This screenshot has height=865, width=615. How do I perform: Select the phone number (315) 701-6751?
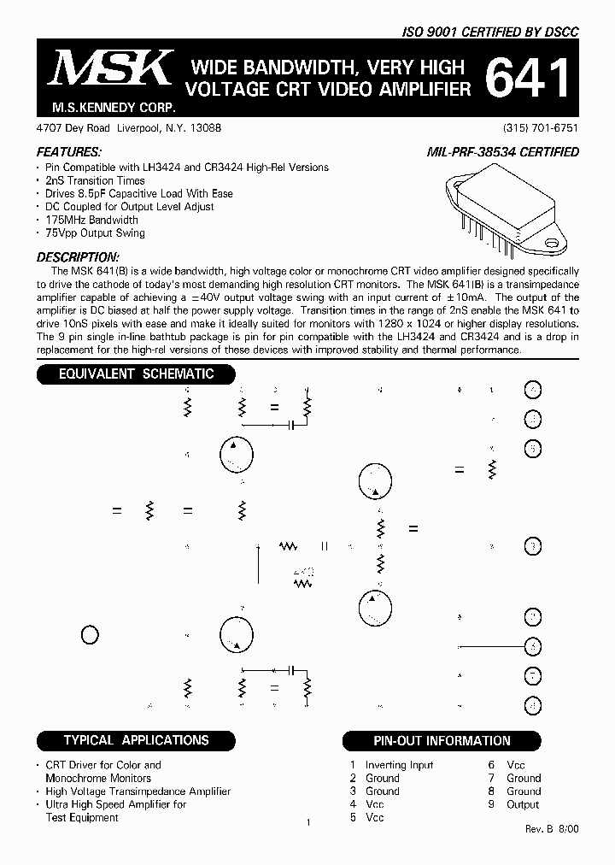tap(541, 127)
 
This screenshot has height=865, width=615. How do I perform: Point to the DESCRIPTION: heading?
tap(78, 257)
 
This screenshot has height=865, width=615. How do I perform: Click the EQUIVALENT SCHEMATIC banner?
tap(136, 374)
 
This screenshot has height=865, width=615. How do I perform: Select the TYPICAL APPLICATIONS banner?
tap(136, 740)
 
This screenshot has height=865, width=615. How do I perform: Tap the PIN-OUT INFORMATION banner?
tap(442, 741)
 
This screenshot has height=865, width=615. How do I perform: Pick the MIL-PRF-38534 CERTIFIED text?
tap(502, 152)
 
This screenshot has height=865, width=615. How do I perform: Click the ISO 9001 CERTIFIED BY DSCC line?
tap(490, 32)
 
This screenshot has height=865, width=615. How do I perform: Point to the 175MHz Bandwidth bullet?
tap(91, 220)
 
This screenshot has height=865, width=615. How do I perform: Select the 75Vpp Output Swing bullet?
tap(95, 232)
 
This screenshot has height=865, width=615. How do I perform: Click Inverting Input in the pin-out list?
tap(399, 765)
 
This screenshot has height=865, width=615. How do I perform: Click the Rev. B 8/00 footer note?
tap(551, 829)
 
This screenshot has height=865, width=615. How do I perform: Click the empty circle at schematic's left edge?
tap(89, 634)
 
